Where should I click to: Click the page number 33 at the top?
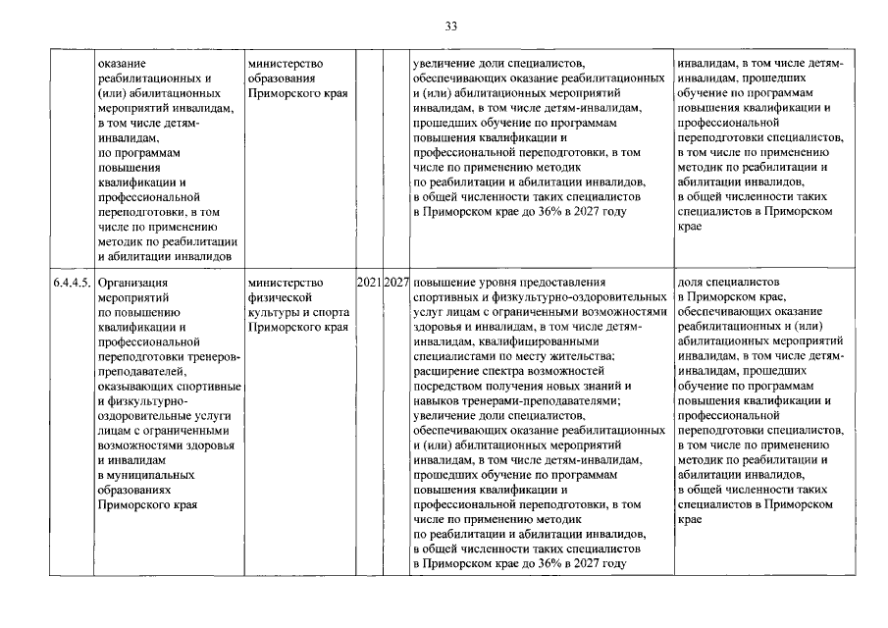(x=451, y=26)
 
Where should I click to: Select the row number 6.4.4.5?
(x=74, y=284)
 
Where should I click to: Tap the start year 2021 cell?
(x=368, y=284)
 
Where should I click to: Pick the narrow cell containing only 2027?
(x=396, y=284)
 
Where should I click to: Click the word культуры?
(x=277, y=312)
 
